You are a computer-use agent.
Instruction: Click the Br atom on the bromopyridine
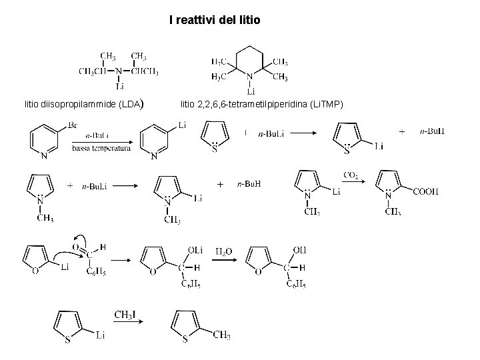coord(73,125)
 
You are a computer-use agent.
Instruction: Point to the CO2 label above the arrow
coord(351,175)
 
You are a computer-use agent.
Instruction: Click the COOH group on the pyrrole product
coord(426,191)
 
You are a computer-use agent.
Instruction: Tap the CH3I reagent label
coord(128,314)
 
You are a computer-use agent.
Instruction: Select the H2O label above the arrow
coord(224,252)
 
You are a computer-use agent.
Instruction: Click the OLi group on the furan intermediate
coord(195,249)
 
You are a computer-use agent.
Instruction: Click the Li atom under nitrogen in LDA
coord(120,86)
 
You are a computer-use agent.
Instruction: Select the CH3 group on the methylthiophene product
coord(222,335)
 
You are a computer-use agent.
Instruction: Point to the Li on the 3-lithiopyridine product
coord(182,125)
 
